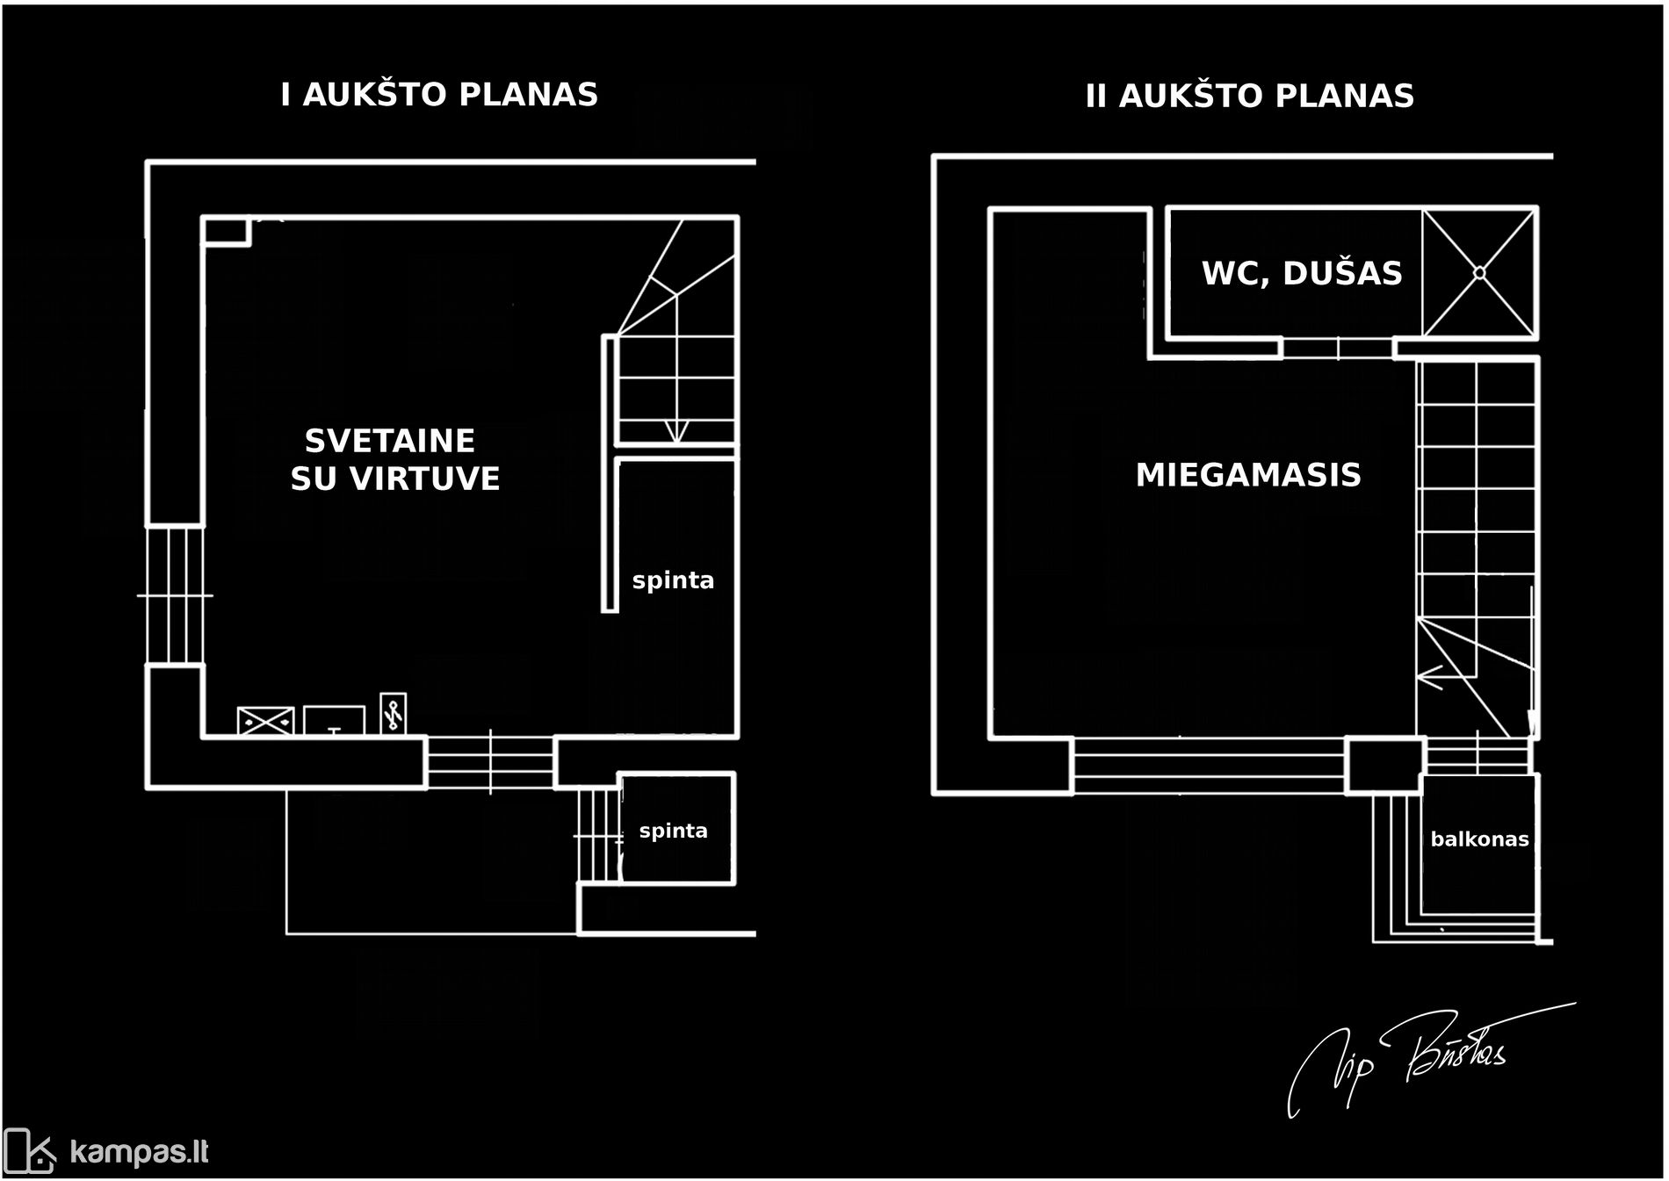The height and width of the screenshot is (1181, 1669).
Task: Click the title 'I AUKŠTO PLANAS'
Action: pyautogui.click(x=439, y=95)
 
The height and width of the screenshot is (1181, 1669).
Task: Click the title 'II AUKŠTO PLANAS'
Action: pyautogui.click(x=1249, y=96)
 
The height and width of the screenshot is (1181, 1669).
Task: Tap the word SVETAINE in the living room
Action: pyautogui.click(x=389, y=440)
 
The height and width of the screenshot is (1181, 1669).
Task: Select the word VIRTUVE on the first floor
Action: pyautogui.click(x=425, y=479)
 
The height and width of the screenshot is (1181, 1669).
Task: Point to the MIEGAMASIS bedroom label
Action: pyautogui.click(x=1248, y=475)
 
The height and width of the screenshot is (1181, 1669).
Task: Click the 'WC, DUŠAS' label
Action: pyautogui.click(x=1302, y=273)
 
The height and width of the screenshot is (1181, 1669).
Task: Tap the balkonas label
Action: pyautogui.click(x=1479, y=839)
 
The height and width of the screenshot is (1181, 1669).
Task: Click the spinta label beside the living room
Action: pyautogui.click(x=673, y=580)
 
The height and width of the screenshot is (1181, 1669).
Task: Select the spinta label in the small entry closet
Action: pyautogui.click(x=673, y=831)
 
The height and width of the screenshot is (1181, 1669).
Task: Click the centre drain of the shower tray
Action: pyautogui.click(x=1479, y=273)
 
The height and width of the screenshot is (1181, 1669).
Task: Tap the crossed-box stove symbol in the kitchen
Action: pyautogui.click(x=266, y=721)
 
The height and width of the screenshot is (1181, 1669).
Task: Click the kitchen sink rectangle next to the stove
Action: pyautogui.click(x=334, y=720)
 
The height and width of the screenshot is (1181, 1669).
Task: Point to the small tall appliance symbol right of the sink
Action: pyautogui.click(x=393, y=713)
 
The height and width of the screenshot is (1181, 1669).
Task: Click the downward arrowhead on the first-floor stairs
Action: pyautogui.click(x=676, y=431)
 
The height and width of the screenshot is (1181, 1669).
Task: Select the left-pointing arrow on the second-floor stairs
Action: pyautogui.click(x=1430, y=677)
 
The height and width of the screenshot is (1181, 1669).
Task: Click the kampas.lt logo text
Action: pyautogui.click(x=139, y=1151)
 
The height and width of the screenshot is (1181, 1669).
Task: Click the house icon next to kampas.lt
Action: pyautogui.click(x=30, y=1150)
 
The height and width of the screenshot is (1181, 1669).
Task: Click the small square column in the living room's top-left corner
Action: pyautogui.click(x=226, y=231)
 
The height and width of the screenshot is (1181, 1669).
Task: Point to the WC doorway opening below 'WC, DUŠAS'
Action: pyautogui.click(x=1337, y=349)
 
